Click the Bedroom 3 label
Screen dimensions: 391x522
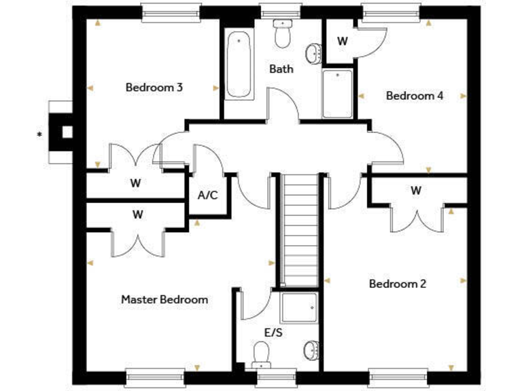(154, 88)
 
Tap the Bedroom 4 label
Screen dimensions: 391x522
(415, 96)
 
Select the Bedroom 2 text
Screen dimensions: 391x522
(398, 284)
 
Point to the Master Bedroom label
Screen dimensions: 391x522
(164, 299)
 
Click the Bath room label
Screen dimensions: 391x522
(281, 69)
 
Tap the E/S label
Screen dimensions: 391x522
(275, 333)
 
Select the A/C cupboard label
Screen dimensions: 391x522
(207, 195)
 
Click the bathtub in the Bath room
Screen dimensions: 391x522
(239, 65)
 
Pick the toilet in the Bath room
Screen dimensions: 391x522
(281, 32)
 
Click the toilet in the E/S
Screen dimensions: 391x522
(262, 354)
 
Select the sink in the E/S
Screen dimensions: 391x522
(310, 350)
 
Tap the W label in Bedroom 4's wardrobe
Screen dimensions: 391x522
(343, 41)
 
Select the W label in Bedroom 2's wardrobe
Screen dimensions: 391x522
(415, 191)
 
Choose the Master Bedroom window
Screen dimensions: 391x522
(155, 377)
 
